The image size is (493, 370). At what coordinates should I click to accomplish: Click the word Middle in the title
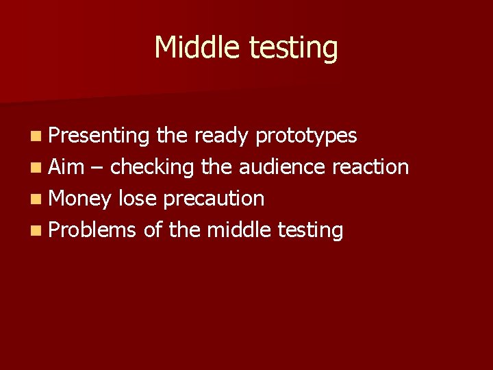click(197, 48)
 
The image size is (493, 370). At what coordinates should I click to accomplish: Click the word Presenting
click(99, 136)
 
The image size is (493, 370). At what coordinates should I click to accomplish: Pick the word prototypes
click(306, 136)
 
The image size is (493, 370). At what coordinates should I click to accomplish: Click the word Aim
click(66, 167)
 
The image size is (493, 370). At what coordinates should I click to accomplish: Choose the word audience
click(281, 167)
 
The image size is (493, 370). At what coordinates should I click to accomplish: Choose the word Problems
click(93, 230)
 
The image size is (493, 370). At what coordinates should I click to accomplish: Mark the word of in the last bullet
click(152, 230)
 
